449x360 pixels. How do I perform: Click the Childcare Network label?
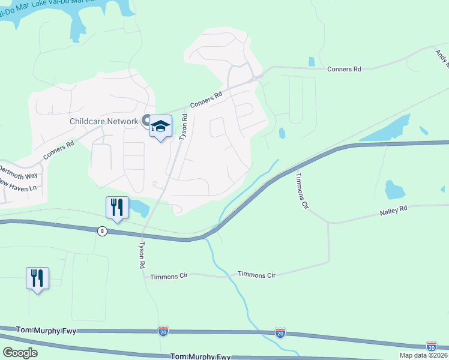coord(103,121)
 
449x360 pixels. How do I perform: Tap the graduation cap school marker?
coord(160,126)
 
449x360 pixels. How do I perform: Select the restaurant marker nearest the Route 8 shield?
coord(117,208)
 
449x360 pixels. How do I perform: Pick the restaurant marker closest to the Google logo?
coord(37,278)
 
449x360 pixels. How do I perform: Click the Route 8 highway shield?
coord(103,230)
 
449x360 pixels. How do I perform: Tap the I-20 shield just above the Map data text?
coord(431,346)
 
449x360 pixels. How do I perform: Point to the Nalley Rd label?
coord(393,210)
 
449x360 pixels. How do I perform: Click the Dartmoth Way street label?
coord(18,171)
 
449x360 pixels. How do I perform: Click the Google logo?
coord(20,353)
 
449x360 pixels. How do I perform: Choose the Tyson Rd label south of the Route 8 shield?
coord(142,255)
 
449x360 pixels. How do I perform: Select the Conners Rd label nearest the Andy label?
coord(344,70)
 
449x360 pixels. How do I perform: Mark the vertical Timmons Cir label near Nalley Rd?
coord(301,191)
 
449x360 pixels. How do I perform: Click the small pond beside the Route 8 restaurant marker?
coord(139,208)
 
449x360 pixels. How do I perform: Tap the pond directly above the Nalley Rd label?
coord(394,189)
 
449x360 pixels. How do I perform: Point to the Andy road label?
coord(442,57)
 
